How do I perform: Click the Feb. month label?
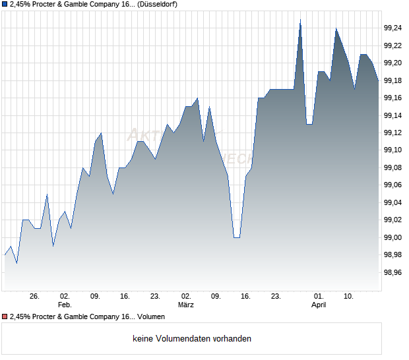point(64,305)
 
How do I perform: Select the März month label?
point(186,305)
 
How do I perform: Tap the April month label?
point(319,305)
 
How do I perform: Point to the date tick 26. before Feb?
point(35,297)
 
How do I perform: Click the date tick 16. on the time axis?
point(245,297)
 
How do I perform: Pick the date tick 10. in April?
point(349,297)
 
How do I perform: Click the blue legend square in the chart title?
point(5,4)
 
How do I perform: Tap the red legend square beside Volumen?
point(5,317)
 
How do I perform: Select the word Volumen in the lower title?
point(151,317)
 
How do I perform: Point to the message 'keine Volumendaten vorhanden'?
point(191,339)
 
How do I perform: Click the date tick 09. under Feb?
point(95,297)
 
